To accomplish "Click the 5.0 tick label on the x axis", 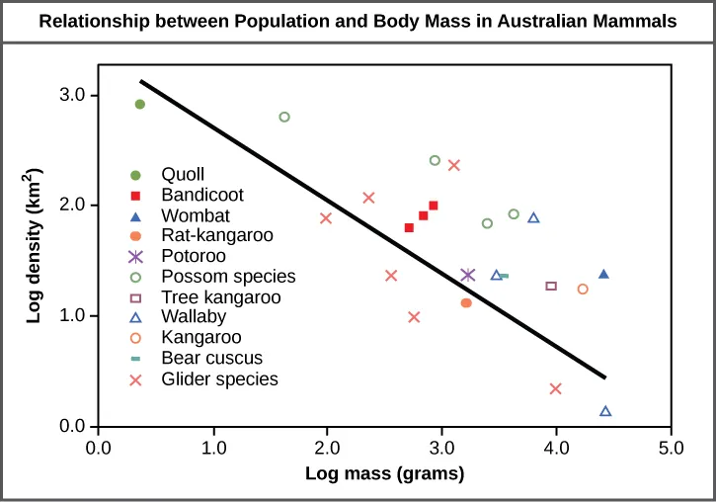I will (x=672, y=448).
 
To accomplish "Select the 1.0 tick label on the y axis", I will (x=72, y=316).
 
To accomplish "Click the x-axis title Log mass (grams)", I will (x=384, y=473).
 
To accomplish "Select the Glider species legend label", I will (x=225, y=378).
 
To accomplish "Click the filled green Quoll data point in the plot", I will (x=140, y=104).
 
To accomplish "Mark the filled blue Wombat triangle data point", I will (x=603, y=274).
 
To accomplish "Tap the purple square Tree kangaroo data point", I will (x=551, y=286).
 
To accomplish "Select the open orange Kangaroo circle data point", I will (x=583, y=289).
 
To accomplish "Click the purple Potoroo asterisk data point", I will (x=468, y=275).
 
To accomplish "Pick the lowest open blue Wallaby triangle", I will (x=605, y=411).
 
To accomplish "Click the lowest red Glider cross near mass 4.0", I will (x=555, y=388).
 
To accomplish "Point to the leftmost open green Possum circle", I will (x=284, y=117).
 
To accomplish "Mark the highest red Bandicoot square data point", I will (x=433, y=206).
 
